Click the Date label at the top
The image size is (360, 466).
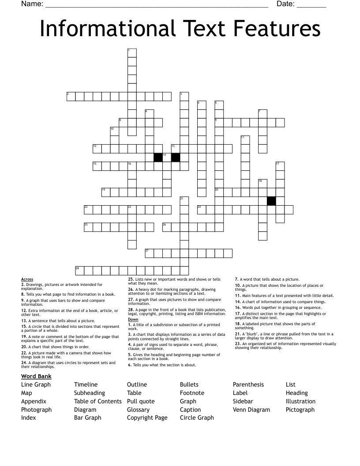point(285,4)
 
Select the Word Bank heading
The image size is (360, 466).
point(36,376)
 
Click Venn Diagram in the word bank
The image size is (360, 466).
point(251,410)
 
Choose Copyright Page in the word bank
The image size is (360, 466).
point(147,417)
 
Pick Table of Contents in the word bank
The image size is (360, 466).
point(97,401)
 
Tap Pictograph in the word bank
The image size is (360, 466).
point(300,410)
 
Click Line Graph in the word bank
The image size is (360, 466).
point(36,384)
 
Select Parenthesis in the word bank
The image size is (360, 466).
point(248,384)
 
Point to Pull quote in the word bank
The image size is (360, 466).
point(141,401)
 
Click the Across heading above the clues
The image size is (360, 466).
point(27,279)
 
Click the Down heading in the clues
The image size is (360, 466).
point(133,319)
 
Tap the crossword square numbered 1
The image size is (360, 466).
point(132,53)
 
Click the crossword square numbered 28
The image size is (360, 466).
point(79,271)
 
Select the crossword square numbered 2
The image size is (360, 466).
point(71,96)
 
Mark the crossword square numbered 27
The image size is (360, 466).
point(149,253)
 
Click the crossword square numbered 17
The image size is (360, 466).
point(280,166)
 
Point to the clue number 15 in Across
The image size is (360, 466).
point(24,327)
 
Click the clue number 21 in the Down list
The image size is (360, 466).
point(237,334)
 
